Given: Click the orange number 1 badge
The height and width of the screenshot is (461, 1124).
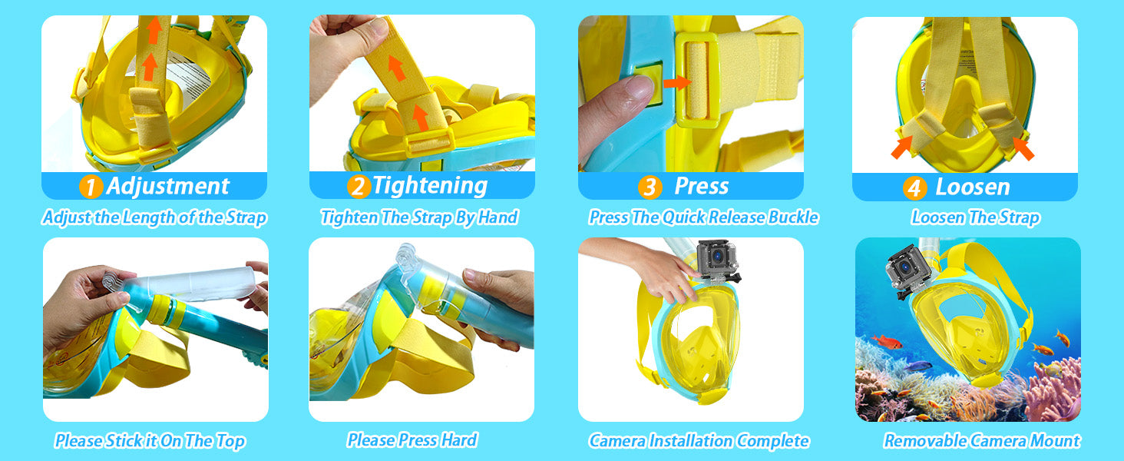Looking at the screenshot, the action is click(91, 186).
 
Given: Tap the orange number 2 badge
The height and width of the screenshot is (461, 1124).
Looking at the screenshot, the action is click(359, 186).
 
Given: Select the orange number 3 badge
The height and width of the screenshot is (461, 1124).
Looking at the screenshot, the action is click(650, 187).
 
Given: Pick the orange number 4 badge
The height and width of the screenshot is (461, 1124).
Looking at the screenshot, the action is click(914, 187).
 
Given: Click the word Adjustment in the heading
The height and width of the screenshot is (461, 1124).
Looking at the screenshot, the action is click(168, 186).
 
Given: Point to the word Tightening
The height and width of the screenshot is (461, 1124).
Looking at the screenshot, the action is click(430, 186).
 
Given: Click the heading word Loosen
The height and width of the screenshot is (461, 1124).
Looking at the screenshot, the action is click(973, 187).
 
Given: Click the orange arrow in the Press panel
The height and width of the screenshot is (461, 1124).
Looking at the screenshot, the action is click(677, 82).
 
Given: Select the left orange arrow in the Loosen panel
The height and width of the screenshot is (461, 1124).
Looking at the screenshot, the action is click(901, 147).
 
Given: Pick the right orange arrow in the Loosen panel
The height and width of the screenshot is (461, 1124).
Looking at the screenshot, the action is click(1023, 148).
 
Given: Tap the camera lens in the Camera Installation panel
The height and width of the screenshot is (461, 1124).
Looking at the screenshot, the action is click(718, 256).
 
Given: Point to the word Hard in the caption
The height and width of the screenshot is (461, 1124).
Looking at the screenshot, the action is click(458, 440).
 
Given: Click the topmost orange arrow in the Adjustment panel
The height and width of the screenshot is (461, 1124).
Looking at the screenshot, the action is click(154, 29).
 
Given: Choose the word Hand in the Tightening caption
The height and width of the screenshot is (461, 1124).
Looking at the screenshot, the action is click(498, 217).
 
